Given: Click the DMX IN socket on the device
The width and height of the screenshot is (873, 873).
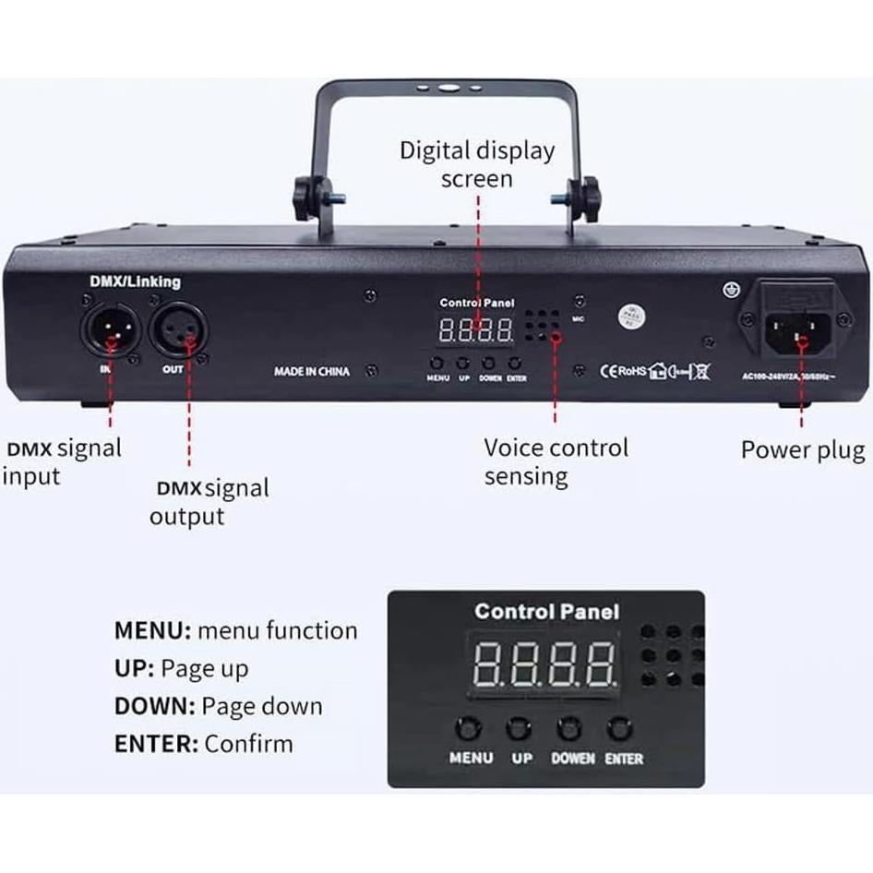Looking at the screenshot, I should pyautogui.click(x=112, y=330).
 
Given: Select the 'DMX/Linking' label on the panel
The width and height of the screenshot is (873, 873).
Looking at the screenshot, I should pyautogui.click(x=135, y=281).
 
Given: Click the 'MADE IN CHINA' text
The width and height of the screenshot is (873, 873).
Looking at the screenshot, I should pyautogui.click(x=312, y=371).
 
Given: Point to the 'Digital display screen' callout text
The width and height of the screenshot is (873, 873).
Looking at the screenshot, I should pyautogui.click(x=476, y=163).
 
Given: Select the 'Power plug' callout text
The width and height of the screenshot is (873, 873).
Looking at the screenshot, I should pyautogui.click(x=803, y=450).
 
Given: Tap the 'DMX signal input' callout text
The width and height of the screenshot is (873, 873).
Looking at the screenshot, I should pyautogui.click(x=62, y=462).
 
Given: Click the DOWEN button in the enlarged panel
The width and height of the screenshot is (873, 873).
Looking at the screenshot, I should pyautogui.click(x=571, y=729).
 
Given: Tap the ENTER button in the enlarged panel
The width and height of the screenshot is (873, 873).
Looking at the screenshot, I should pyautogui.click(x=620, y=729).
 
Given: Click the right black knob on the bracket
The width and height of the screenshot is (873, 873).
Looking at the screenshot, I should pyautogui.click(x=581, y=196).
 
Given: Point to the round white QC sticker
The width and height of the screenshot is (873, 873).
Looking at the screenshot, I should pyautogui.click(x=630, y=314).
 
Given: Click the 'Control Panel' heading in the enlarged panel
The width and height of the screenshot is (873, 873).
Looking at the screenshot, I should pyautogui.click(x=546, y=611).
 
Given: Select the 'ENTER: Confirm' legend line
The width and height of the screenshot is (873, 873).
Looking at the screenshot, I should pyautogui.click(x=203, y=744).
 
